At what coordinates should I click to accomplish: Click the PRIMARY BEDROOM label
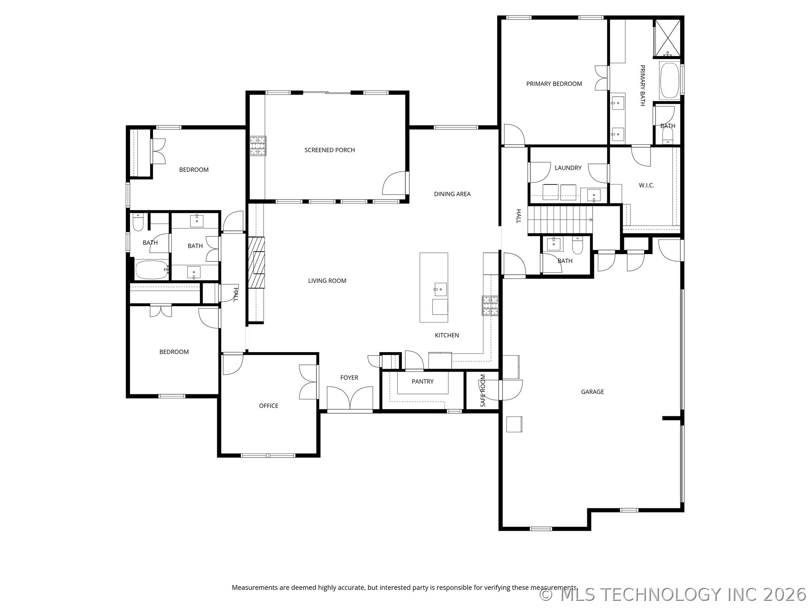554,84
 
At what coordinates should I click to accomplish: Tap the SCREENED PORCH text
329,150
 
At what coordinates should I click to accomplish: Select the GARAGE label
592,392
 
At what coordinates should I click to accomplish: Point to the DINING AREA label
452,194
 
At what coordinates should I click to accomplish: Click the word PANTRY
422,382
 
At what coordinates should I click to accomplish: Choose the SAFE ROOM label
483,391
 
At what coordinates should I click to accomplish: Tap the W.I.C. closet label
646,185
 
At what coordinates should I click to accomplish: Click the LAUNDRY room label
568,168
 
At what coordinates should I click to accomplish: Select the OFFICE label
269,406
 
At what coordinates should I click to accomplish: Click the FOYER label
349,378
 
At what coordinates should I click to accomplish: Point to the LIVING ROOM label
327,281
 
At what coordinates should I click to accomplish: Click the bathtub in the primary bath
669,81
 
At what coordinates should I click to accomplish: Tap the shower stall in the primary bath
667,38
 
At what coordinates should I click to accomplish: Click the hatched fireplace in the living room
256,263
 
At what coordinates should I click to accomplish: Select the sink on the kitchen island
440,289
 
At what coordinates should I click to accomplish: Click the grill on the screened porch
258,146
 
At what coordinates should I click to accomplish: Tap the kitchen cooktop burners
490,306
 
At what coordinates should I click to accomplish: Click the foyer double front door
350,398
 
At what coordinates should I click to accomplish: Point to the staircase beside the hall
560,220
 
